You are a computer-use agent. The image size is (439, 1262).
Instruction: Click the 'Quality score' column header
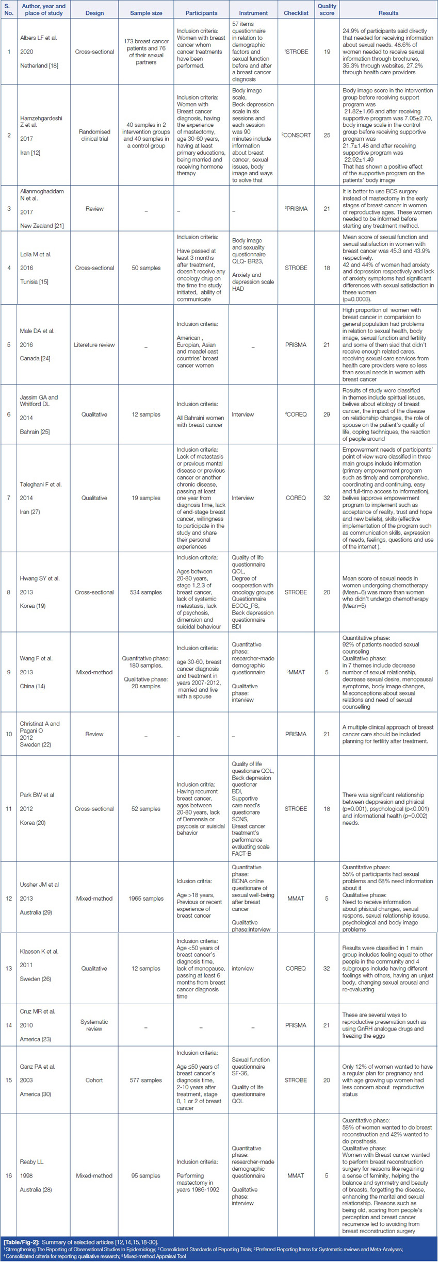(x=327, y=9)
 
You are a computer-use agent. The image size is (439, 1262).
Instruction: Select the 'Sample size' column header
(x=146, y=13)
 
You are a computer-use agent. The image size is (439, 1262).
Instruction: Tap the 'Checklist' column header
(x=296, y=13)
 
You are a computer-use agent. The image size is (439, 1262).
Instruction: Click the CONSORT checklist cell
(x=296, y=135)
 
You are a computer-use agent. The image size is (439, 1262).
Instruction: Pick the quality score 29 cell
(x=327, y=414)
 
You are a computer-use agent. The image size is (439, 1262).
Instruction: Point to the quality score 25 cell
(x=327, y=135)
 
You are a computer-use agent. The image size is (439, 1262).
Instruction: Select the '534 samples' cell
(x=146, y=592)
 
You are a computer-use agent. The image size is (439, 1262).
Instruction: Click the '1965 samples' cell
(x=146, y=899)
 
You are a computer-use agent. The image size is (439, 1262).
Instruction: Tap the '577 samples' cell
(x=146, y=1080)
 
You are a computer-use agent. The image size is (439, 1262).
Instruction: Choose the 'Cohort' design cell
(x=94, y=1080)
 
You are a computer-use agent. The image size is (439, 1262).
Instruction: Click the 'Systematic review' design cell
(x=94, y=1025)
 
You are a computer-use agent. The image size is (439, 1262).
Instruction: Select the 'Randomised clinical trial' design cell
(x=94, y=135)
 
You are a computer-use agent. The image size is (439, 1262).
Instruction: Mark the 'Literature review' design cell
(x=94, y=345)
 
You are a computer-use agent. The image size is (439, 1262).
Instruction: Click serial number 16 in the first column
(x=8, y=1176)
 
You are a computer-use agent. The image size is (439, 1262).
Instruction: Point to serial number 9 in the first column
(x=8, y=672)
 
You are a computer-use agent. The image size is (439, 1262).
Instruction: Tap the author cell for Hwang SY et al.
(x=40, y=592)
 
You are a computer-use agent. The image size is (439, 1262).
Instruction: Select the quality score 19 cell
(x=327, y=52)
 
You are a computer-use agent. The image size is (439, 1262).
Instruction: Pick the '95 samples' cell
(x=146, y=1176)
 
